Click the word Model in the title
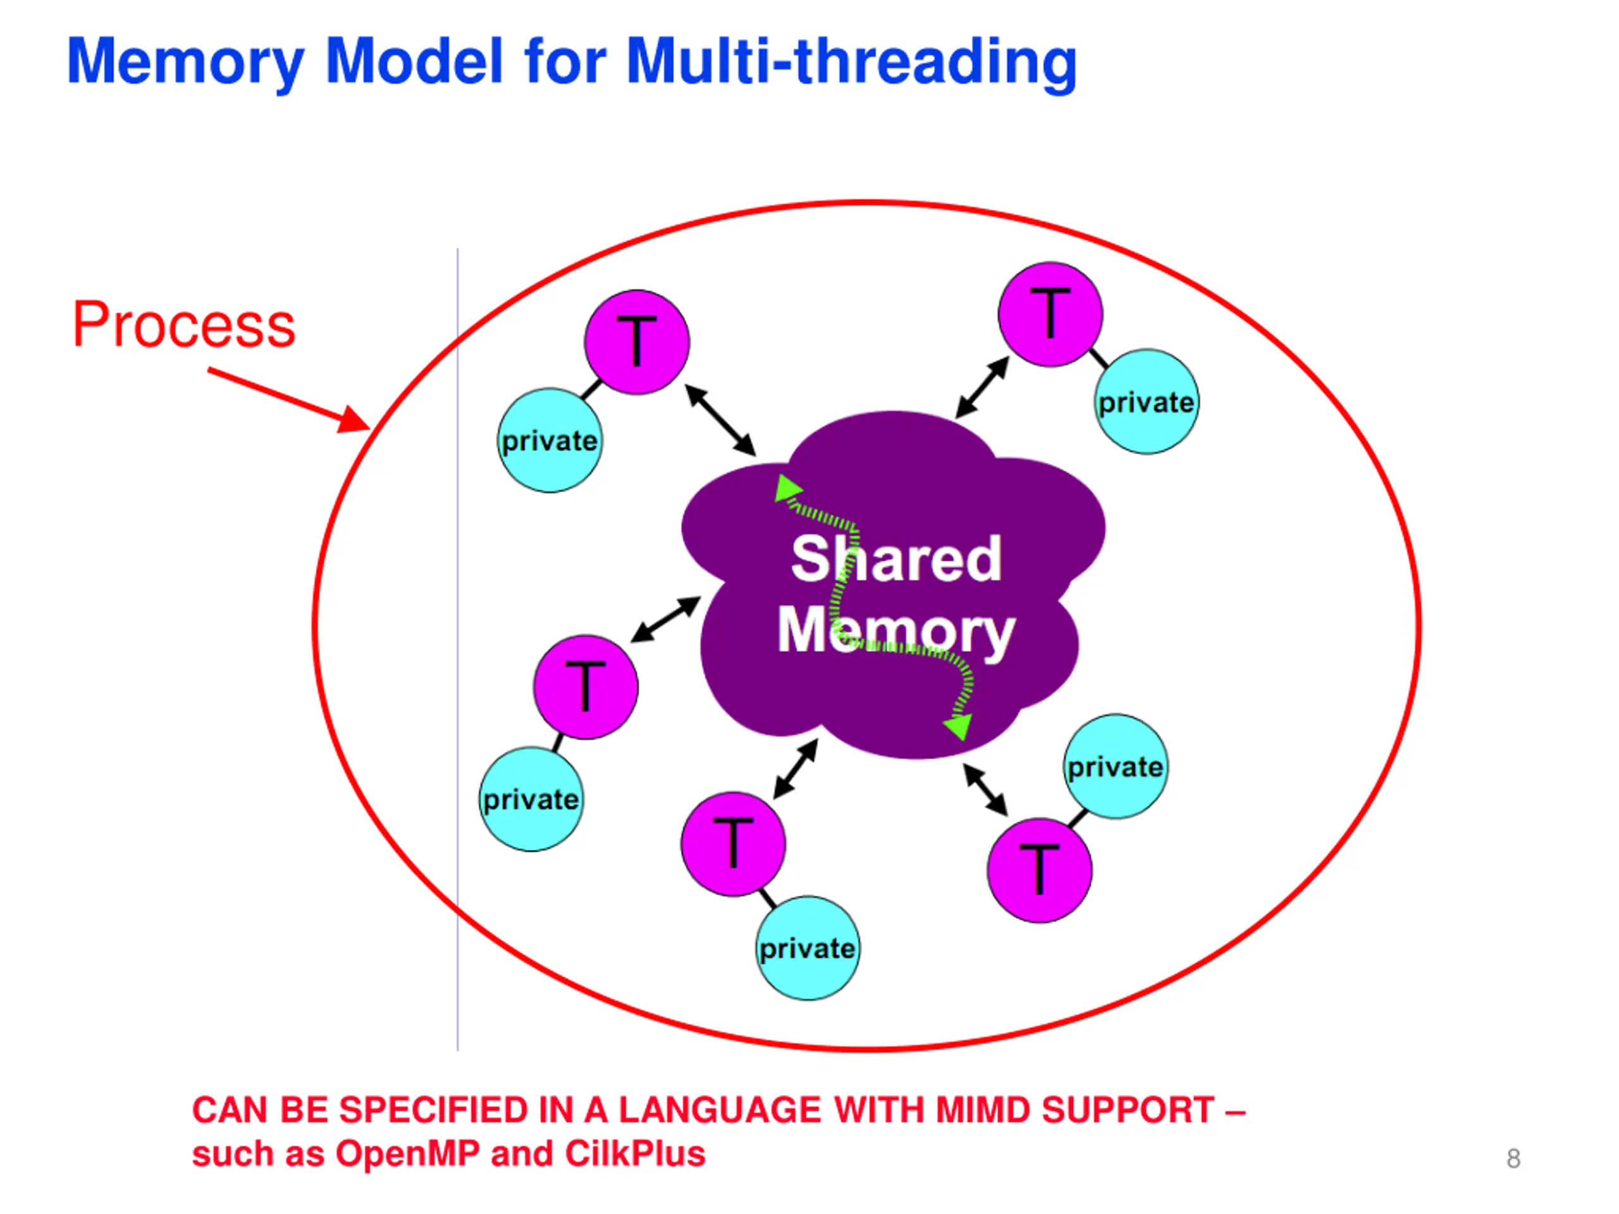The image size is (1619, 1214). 414,61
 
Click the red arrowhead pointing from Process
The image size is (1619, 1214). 354,420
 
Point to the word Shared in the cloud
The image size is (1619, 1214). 897,559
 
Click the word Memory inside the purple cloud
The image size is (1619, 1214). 897,632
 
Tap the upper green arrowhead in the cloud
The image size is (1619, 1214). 787,487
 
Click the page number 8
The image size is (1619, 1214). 1513,1158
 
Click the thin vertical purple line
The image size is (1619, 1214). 458,650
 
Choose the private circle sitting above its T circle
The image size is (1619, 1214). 1116,767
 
